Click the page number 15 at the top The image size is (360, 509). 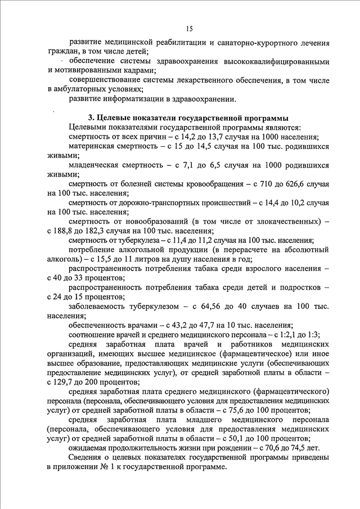click(x=189, y=29)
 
